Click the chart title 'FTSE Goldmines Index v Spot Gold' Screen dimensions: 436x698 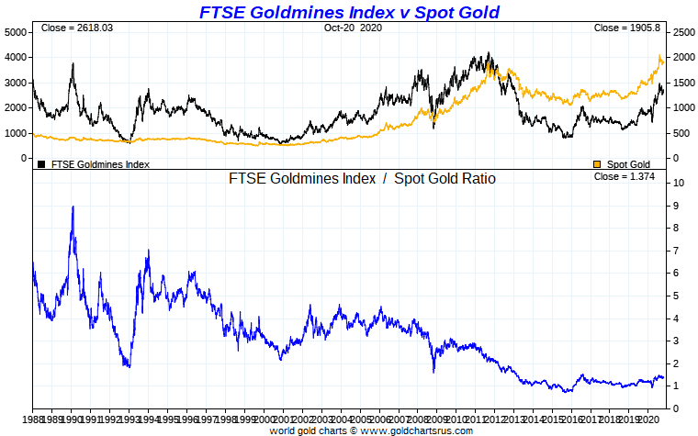coord(350,12)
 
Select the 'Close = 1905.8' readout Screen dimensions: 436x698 coord(627,28)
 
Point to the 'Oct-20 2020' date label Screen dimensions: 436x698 coord(352,28)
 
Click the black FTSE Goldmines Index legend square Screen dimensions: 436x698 coord(41,164)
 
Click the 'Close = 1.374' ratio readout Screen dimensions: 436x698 coord(627,176)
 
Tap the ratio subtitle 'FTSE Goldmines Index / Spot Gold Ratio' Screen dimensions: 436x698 coord(362,179)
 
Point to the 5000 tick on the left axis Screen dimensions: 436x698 coord(16,31)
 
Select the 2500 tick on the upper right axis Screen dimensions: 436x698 coord(684,32)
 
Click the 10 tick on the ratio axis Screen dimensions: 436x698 coord(678,183)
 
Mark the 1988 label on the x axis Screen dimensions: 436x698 coord(34,419)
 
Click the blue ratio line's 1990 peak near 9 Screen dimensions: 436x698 coord(73,207)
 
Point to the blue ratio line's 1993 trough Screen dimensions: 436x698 coord(129,366)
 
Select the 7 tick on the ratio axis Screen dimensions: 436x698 coord(677,251)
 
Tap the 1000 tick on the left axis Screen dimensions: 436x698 coord(16,133)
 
